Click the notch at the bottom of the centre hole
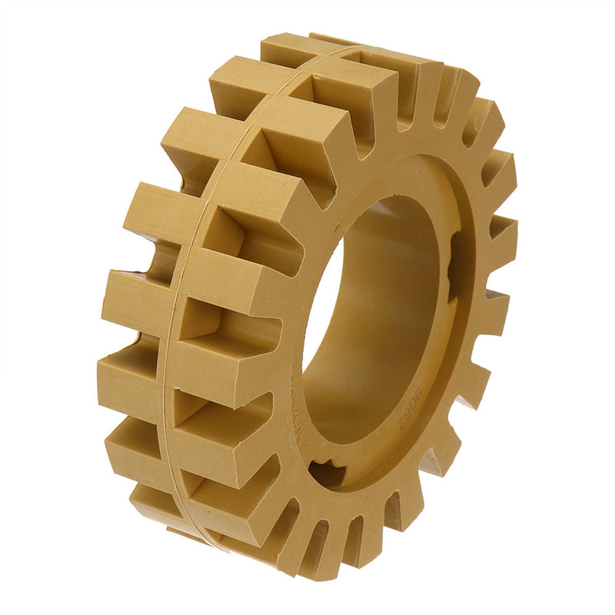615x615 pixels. tap(329, 472)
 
